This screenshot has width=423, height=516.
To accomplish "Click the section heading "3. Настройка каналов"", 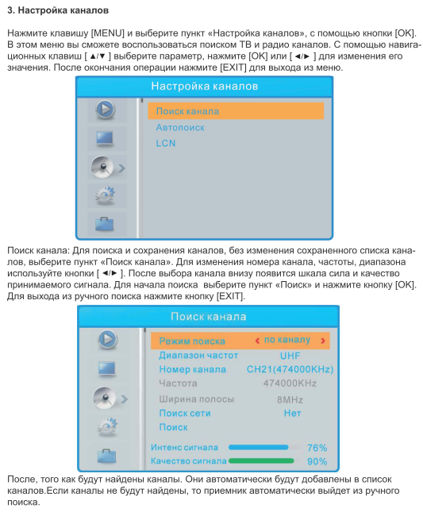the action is pyautogui.click(x=58, y=10).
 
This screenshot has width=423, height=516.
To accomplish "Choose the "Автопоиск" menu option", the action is pyautogui.click(x=180, y=127).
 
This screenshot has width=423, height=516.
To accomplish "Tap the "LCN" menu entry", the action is pyautogui.click(x=166, y=143).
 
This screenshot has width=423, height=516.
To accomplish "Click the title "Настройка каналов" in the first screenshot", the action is pyautogui.click(x=204, y=87).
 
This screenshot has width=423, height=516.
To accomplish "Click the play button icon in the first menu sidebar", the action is pyautogui.click(x=106, y=110).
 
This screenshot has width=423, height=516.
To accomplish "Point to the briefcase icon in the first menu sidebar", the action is pyautogui.click(x=105, y=224).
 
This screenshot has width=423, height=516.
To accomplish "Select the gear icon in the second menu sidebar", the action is pyautogui.click(x=107, y=427).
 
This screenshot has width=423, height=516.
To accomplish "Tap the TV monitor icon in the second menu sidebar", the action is pyautogui.click(x=107, y=369).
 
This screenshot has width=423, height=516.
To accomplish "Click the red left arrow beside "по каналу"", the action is pyautogui.click(x=257, y=341).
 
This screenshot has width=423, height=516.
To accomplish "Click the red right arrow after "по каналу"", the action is pyautogui.click(x=323, y=341).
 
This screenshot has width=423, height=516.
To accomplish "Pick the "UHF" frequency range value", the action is pyautogui.click(x=290, y=356).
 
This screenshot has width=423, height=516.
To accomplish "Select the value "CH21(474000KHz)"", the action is pyautogui.click(x=290, y=369).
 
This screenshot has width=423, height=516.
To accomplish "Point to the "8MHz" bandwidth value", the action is pyautogui.click(x=290, y=399).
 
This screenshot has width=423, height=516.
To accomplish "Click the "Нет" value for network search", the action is pyautogui.click(x=292, y=413).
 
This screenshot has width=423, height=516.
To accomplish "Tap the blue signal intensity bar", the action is pyautogui.click(x=258, y=447).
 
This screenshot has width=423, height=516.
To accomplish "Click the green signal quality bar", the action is pyautogui.click(x=261, y=460).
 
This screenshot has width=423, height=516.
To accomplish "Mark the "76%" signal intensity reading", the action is pyautogui.click(x=317, y=448).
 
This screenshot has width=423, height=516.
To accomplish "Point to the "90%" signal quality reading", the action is pyautogui.click(x=317, y=461).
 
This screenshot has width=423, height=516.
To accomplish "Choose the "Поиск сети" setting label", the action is pyautogui.click(x=185, y=413).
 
